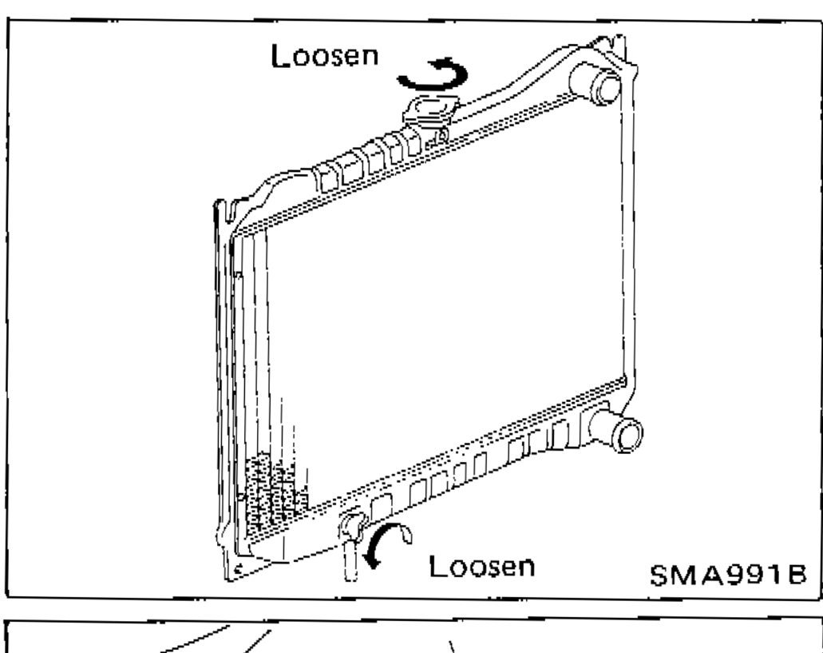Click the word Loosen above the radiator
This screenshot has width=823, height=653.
[x=324, y=56]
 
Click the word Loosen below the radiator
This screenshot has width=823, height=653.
[x=482, y=567]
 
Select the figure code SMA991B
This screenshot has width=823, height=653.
[x=727, y=575]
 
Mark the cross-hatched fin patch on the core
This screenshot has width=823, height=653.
[x=275, y=492]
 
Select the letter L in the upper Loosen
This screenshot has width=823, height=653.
[x=279, y=56]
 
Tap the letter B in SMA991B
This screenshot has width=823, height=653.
[x=796, y=575]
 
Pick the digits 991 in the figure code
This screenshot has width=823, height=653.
[x=756, y=575]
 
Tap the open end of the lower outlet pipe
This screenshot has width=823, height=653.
[x=627, y=435]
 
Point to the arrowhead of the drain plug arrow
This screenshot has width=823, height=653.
[x=372, y=560]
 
